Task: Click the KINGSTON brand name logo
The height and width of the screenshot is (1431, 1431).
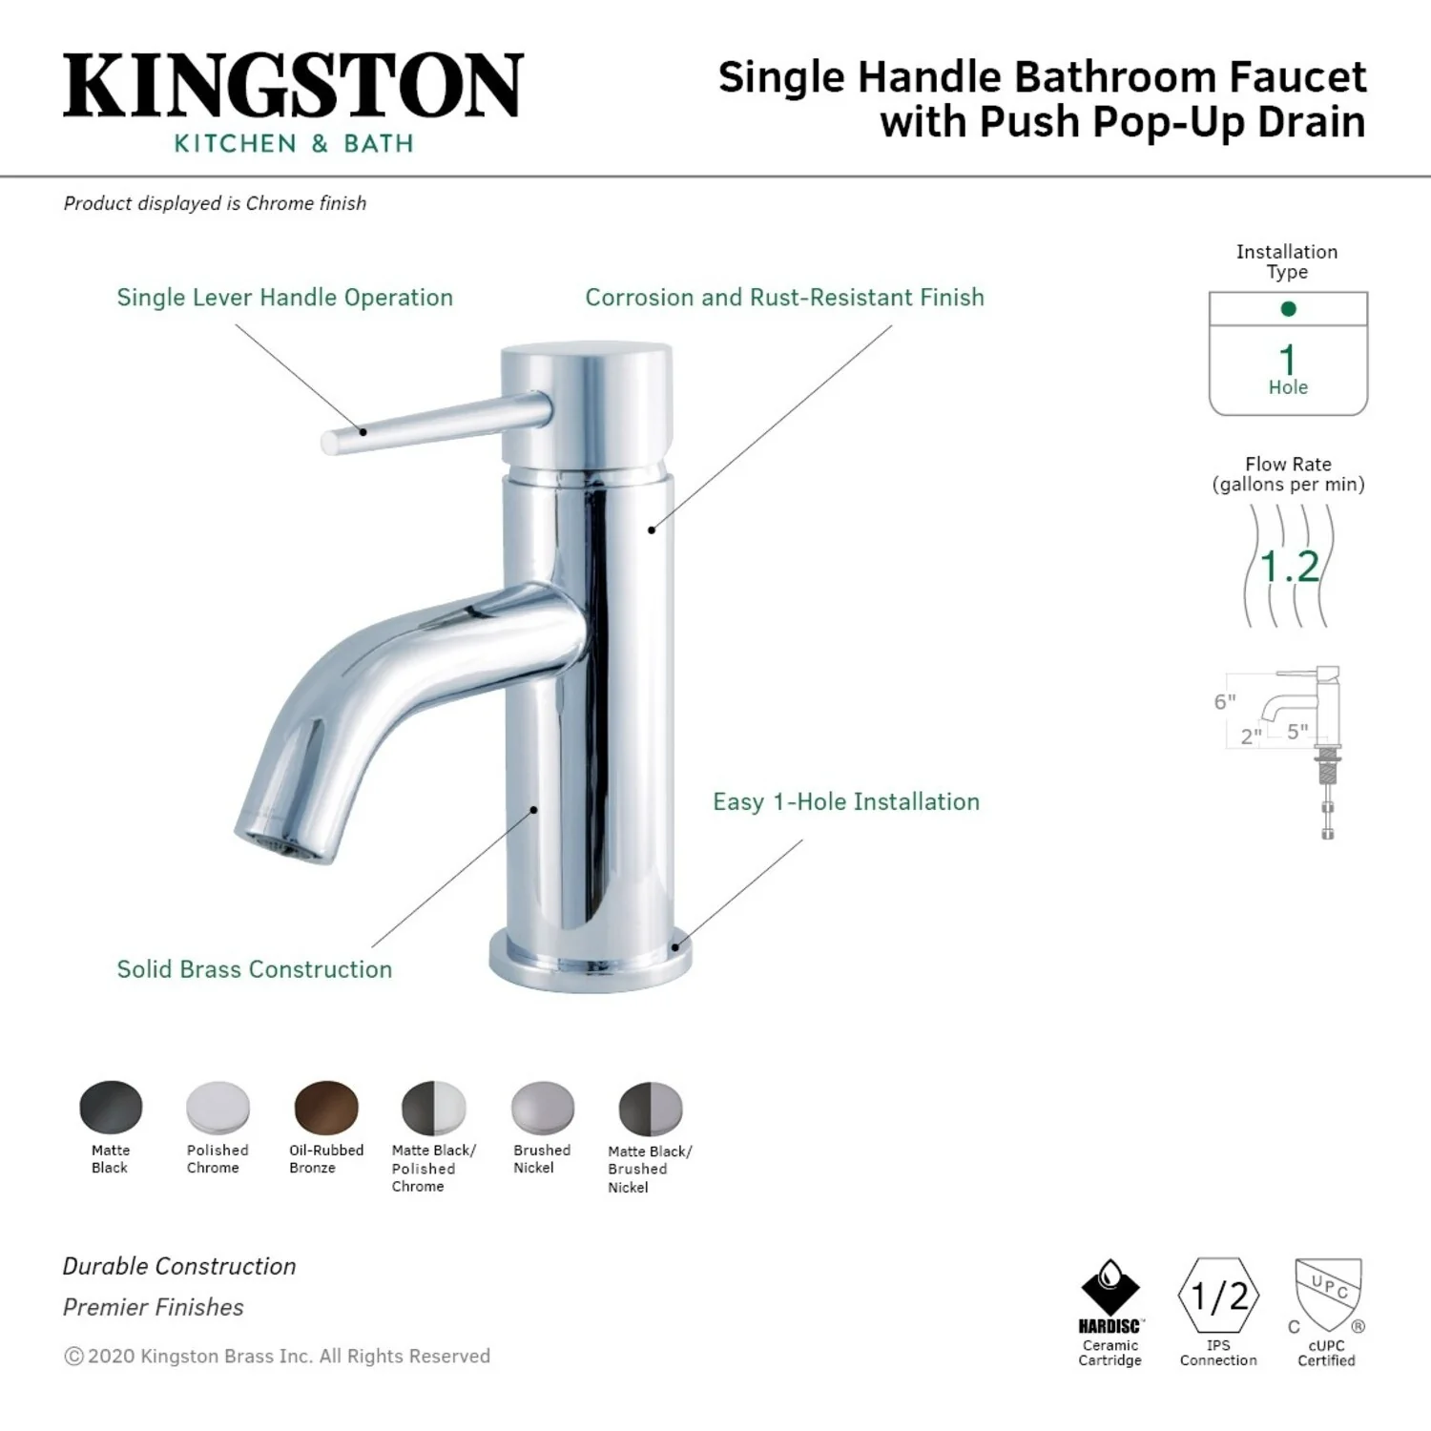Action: (293, 86)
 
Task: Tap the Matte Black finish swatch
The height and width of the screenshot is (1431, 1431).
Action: (111, 1108)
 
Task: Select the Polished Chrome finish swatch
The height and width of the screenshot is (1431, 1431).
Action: (218, 1108)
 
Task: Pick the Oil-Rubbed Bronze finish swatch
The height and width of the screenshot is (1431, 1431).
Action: (326, 1108)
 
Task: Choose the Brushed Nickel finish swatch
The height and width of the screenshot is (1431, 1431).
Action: (543, 1108)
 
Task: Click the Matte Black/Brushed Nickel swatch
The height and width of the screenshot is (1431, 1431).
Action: (651, 1109)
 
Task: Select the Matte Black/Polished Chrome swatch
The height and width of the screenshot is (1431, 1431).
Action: (434, 1108)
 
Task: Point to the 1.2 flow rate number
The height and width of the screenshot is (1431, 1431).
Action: (1289, 567)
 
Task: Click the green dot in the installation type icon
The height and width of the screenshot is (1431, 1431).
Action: (1289, 308)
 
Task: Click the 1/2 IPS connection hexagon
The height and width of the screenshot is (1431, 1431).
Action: (1219, 1296)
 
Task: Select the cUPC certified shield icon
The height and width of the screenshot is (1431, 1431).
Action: (1327, 1296)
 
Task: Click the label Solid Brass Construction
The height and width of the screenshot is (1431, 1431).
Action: (255, 969)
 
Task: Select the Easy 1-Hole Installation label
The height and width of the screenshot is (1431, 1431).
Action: (846, 801)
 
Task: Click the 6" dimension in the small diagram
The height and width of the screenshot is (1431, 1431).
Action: (1225, 702)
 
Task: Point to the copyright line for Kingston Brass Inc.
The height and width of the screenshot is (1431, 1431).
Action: (277, 1356)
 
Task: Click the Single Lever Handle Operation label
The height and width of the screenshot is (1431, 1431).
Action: (285, 298)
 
